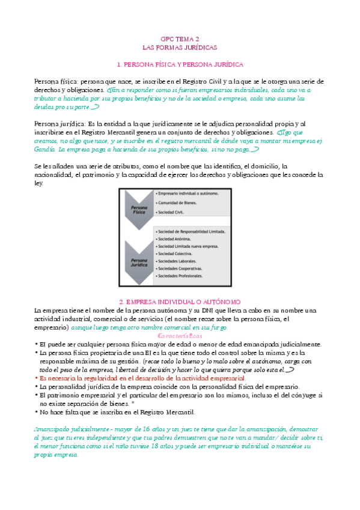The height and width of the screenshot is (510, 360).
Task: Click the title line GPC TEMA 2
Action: coord(180,38)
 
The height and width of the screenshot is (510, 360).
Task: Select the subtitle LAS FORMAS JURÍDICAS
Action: coord(180,46)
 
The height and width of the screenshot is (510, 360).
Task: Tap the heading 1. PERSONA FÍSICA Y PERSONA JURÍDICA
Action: coord(180,64)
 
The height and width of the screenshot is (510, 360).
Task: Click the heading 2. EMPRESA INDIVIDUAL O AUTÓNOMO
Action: coord(180,301)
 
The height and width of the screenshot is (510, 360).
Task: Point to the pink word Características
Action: coord(180,335)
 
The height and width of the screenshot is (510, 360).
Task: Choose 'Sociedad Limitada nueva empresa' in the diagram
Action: coord(187,246)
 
